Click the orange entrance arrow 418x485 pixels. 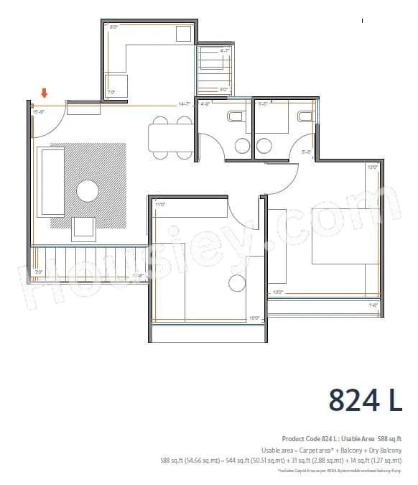(x=45, y=93)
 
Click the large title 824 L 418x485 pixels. (x=366, y=399)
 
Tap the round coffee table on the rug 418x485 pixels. (x=88, y=190)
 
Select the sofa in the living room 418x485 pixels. (x=51, y=182)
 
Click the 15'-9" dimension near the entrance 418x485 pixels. (x=39, y=111)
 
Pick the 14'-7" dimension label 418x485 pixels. (x=185, y=105)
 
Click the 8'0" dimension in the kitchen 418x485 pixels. (x=113, y=27)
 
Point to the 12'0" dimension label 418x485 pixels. (x=372, y=167)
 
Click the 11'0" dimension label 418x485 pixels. (x=160, y=205)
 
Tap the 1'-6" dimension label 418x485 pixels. (x=373, y=305)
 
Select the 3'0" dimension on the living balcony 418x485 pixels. (x=40, y=272)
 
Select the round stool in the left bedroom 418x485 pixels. (x=236, y=284)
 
